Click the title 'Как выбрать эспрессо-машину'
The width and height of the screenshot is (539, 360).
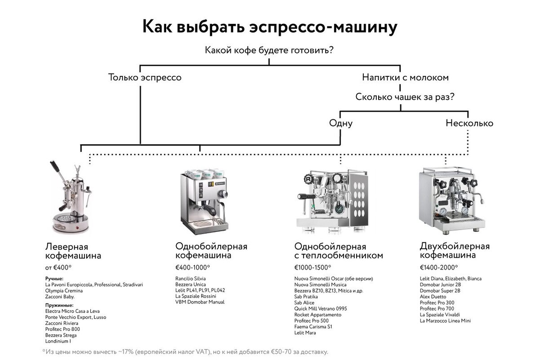269,27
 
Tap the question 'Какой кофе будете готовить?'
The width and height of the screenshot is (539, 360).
269,50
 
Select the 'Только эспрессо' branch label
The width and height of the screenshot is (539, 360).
145,77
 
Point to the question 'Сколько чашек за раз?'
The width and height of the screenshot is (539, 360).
405,97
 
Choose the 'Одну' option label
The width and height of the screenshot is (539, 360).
340,123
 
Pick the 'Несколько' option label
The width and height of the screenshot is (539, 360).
469,123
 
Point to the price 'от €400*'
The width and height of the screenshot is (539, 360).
58,268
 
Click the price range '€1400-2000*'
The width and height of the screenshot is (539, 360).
439,268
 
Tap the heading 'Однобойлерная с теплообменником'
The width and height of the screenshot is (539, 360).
339,251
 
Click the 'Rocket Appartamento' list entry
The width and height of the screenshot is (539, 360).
318,315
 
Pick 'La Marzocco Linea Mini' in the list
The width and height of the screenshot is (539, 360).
445,321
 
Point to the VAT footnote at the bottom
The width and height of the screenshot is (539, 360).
186,351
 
